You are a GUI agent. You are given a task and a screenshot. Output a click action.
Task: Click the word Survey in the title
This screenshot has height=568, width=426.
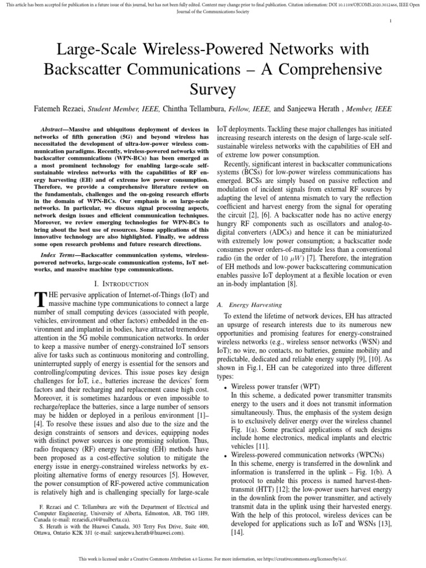[213, 89]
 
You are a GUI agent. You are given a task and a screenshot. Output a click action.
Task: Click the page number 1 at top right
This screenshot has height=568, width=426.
[391, 21]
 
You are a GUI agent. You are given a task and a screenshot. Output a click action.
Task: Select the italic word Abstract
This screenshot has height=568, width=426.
[54, 129]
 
